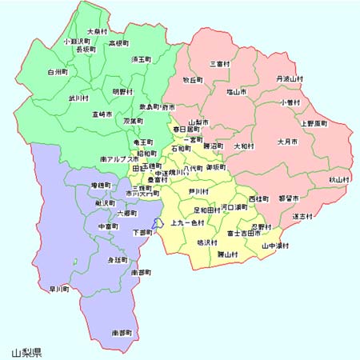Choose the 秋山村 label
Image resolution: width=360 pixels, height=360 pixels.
click(x=339, y=180)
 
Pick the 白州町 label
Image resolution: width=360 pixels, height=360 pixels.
click(x=58, y=71)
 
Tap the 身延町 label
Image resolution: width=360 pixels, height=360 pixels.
click(x=118, y=260)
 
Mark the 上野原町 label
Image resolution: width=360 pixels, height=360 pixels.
click(x=314, y=123)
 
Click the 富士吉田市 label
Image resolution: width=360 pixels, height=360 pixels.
click(x=243, y=234)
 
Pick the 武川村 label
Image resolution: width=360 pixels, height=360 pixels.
click(x=78, y=98)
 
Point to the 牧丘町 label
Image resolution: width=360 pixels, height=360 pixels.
click(x=194, y=80)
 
